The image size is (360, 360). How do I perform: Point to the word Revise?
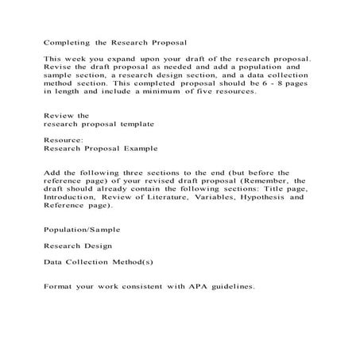pos(58,69)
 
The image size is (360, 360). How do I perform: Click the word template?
pos(135,125)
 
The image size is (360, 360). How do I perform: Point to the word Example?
pos(139,148)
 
